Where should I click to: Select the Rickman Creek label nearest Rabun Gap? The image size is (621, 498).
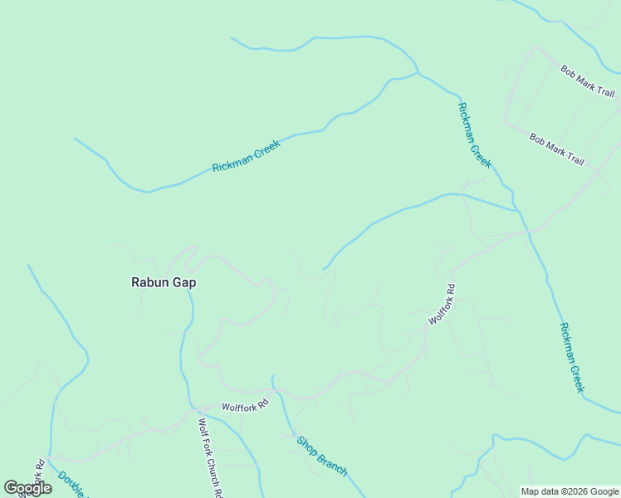coord(246,156)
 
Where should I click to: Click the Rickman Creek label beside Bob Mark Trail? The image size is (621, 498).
coord(475,134)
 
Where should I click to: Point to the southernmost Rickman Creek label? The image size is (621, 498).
coord(572,358)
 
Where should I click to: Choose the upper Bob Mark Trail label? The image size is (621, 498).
coord(587,81)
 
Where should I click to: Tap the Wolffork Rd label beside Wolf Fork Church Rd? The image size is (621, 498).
coord(246,406)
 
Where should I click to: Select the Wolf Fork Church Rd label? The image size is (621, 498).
coord(210,457)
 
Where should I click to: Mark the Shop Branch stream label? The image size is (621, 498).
coord(322,456)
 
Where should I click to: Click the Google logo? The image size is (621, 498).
coord(28,488)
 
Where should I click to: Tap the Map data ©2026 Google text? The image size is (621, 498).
coord(570,491)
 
